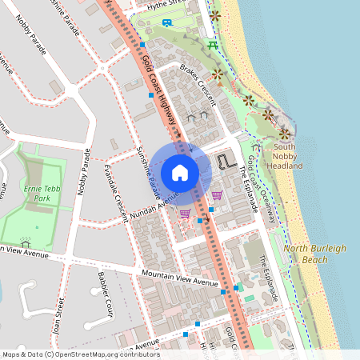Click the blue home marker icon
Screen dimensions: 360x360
pos(179,172)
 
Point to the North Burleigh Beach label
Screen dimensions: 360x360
pos(317,254)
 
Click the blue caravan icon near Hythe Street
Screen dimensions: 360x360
pos(166,22)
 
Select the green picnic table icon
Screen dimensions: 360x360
pos(212,46)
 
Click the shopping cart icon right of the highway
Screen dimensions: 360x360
pos(217,194)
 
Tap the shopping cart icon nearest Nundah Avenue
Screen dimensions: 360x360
pos(185,214)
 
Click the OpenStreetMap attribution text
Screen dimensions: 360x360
pos(80,354)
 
